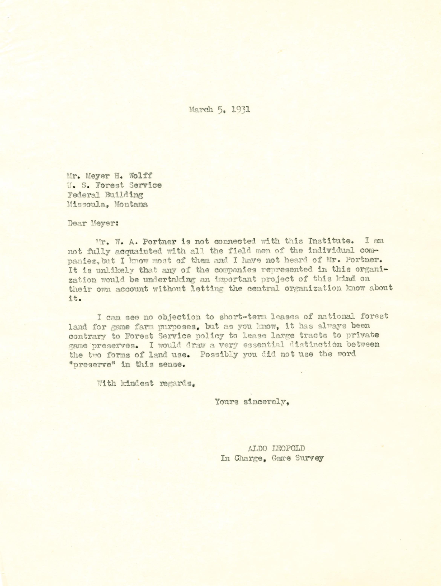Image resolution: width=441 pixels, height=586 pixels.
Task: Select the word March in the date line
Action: (201, 110)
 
